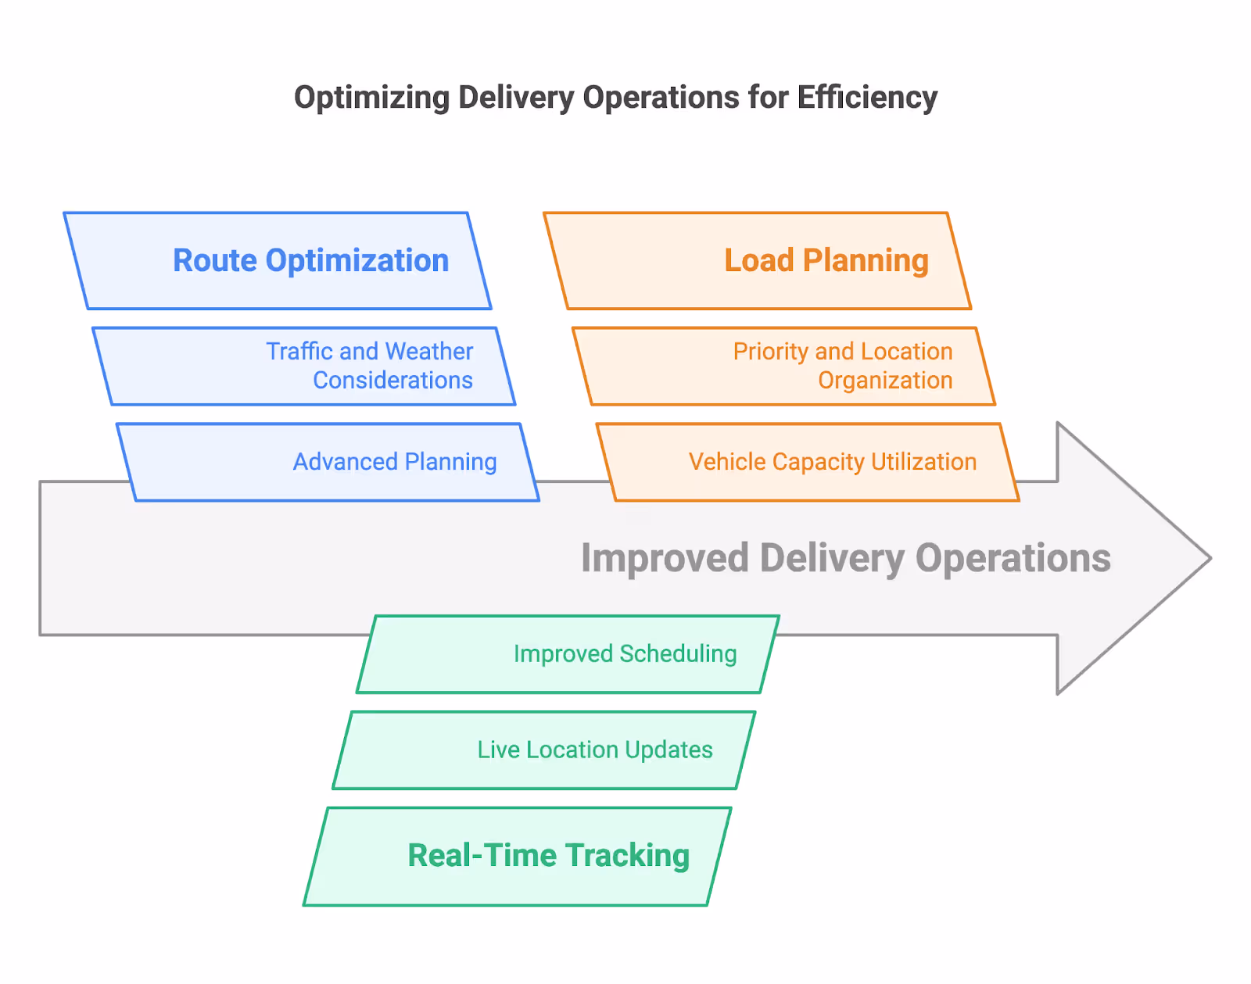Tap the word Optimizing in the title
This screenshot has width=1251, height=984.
tap(371, 98)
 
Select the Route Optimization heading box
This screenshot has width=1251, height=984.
tap(278, 261)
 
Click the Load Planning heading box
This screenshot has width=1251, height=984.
tap(757, 261)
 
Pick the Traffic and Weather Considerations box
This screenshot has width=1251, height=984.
tap(304, 367)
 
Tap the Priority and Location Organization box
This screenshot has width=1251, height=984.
tap(783, 367)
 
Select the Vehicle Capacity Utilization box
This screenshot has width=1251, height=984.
tap(808, 463)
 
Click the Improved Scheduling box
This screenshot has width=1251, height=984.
tap(568, 654)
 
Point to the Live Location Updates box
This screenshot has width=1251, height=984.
tap(544, 750)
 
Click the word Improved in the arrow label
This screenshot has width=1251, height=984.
tap(665, 559)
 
